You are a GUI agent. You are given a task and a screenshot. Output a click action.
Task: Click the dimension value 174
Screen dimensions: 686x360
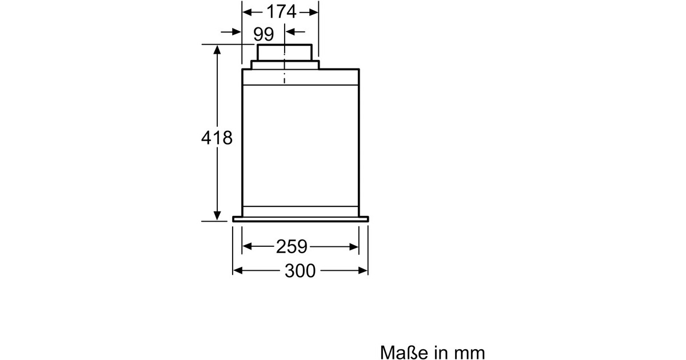point(281,12)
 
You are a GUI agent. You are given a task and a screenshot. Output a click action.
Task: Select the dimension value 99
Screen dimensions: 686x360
point(264,34)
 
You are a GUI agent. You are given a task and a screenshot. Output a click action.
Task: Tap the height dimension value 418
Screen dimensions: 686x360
point(217,138)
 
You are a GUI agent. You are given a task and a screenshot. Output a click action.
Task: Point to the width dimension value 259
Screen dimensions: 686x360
point(291,247)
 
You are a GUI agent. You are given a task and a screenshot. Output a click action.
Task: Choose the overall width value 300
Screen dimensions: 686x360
point(300,271)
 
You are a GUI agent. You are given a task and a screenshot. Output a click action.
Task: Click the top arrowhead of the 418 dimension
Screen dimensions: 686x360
point(217,50)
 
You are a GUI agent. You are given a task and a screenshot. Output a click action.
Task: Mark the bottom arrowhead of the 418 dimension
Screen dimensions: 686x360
point(217,215)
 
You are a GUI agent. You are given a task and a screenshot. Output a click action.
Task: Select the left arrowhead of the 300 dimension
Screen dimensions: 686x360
point(238,271)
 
